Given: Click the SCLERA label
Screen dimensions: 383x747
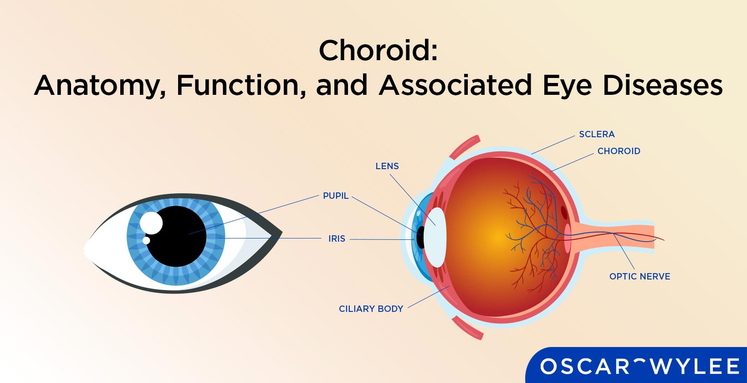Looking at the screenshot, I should tap(597, 134).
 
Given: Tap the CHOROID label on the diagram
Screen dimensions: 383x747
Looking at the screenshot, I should tap(619, 151).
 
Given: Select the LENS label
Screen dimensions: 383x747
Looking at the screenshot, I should tap(387, 166).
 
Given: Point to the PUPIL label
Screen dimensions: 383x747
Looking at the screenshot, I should tap(336, 196).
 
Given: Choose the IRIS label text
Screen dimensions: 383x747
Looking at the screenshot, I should tap(337, 238).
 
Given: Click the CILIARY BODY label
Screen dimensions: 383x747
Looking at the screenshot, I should tap(371, 309).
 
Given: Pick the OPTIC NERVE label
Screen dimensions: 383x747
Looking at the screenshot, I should tap(640, 276).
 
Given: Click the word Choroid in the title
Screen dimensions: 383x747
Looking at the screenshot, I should tap(378, 50).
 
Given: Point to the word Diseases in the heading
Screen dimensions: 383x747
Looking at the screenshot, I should tap(663, 85).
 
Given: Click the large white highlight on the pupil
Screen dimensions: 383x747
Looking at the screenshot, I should tap(151, 223).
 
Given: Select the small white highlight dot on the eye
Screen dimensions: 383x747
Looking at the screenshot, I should tap(146, 240).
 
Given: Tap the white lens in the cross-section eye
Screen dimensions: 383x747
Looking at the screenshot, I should tap(435, 237).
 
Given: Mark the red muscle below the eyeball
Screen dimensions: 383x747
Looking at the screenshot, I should tap(467, 328).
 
